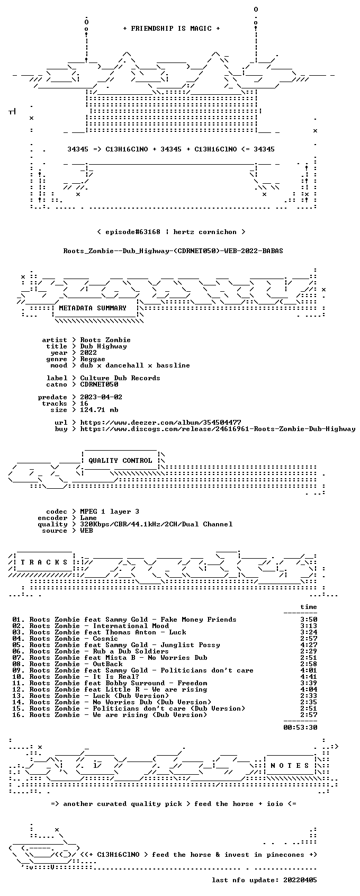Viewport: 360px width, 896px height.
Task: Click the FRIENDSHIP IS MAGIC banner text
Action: pyautogui.click(x=171, y=29)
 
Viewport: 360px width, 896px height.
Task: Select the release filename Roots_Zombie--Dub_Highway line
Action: pyautogui.click(x=173, y=251)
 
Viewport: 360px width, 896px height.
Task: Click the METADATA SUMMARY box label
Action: pyautogui.click(x=93, y=308)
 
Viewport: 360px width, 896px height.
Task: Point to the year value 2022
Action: pyautogui.click(x=88, y=353)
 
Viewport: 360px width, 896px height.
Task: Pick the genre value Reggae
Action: pyautogui.click(x=93, y=359)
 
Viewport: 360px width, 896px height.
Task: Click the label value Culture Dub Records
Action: pyautogui.click(x=120, y=378)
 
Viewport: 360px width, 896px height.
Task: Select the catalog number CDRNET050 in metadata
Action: pyautogui.click(x=99, y=384)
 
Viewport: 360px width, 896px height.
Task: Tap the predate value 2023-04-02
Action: pyautogui.click(x=101, y=397)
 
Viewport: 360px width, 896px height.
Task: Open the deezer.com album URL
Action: pyautogui.click(x=160, y=423)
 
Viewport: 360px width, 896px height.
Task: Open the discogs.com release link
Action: pyautogui.click(x=218, y=429)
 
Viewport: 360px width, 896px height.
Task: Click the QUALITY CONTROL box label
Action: pyautogui.click(x=120, y=461)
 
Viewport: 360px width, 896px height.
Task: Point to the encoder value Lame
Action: pyautogui.click(x=88, y=518)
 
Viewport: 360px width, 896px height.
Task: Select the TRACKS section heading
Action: pyautogui.click(x=44, y=562)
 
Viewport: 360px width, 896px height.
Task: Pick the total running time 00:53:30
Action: pyautogui.click(x=300, y=728)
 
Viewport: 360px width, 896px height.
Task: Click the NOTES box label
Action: pyautogui.click(x=290, y=766)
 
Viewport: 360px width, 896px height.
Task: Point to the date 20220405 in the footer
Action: pyautogui.click(x=300, y=880)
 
